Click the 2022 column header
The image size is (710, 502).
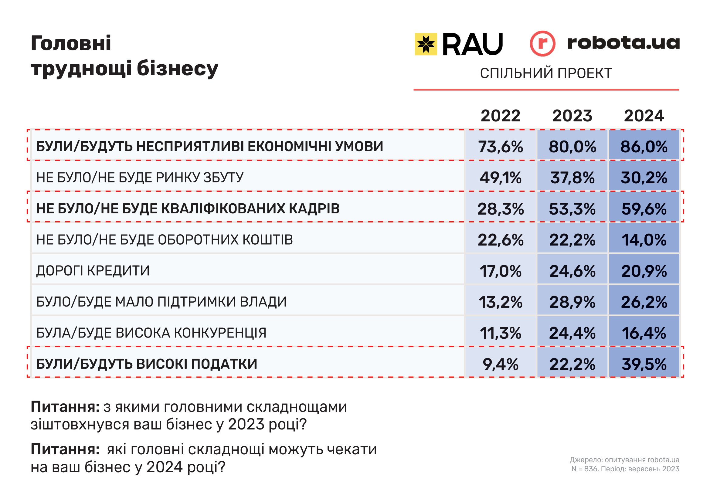click(500, 116)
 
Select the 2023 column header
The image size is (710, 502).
click(572, 116)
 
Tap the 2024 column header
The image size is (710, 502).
click(644, 116)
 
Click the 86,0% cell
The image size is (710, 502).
click(644, 147)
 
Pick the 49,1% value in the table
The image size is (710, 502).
click(500, 178)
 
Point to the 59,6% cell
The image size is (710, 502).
click(644, 209)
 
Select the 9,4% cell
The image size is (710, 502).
click(500, 364)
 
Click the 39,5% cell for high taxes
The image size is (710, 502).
click(644, 364)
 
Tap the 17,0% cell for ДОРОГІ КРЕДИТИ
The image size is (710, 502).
click(500, 271)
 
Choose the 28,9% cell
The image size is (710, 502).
click(572, 302)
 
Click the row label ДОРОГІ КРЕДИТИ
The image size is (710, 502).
click(93, 271)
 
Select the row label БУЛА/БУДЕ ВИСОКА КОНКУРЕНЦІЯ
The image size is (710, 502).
click(151, 333)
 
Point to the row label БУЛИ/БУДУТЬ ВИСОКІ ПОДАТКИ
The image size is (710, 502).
click(147, 364)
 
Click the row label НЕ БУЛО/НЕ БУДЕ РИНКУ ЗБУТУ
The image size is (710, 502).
click(140, 178)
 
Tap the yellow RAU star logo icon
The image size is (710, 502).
click(426, 44)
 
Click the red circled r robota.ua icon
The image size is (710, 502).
click(542, 44)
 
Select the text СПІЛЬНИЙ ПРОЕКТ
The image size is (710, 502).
click(546, 73)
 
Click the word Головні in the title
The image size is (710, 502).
click(71, 43)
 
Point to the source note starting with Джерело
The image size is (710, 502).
click(624, 460)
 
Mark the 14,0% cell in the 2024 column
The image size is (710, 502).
click(644, 240)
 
